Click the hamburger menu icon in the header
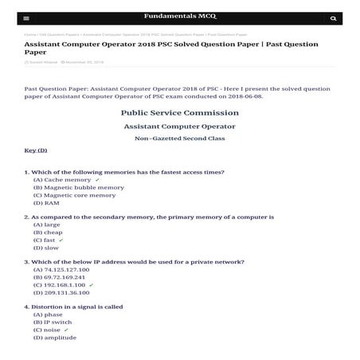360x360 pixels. coord(26,18)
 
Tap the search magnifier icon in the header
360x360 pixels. coord(333,18)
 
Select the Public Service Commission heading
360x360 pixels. coord(180,112)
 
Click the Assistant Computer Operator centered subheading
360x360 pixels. coord(180,126)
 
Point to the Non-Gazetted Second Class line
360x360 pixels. coord(180,139)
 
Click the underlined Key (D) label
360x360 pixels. coord(36,150)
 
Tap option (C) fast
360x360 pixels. coord(45,240)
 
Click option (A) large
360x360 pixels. coord(46,225)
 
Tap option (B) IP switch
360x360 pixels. coord(53,322)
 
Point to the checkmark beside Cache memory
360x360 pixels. coord(97,180)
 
